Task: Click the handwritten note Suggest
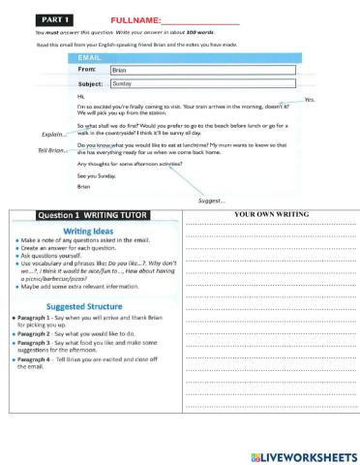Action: coord(211,201)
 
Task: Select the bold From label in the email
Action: coord(86,71)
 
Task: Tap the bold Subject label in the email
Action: coord(90,84)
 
